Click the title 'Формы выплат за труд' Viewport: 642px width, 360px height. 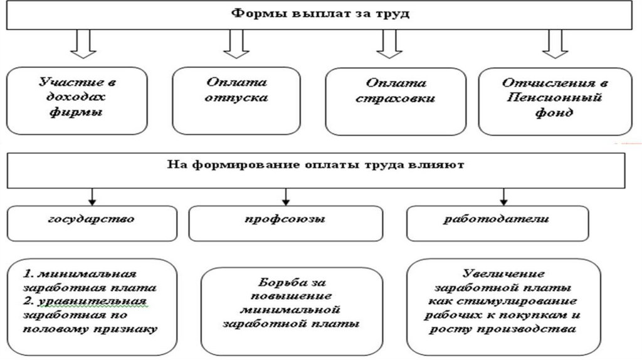[x=320, y=14]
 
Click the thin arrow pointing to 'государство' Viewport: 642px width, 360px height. [x=92, y=196]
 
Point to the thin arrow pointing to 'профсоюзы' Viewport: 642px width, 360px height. [x=286, y=196]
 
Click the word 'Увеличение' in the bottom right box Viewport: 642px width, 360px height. [x=496, y=273]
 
